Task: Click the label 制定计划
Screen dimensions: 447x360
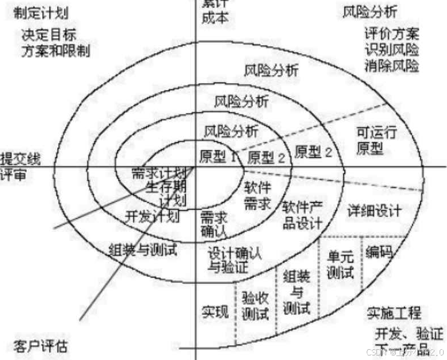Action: [x=38, y=13]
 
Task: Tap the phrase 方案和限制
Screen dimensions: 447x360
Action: [x=56, y=50]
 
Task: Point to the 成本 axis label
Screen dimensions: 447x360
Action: [x=216, y=17]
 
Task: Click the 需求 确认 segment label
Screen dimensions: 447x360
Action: [x=214, y=223]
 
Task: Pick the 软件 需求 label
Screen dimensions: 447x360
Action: [x=258, y=195]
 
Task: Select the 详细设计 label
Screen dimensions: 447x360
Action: [x=374, y=210]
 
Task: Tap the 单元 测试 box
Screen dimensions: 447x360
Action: [x=341, y=265]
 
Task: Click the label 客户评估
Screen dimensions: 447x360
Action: [x=39, y=345]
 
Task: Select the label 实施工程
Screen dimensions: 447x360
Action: [x=394, y=313]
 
